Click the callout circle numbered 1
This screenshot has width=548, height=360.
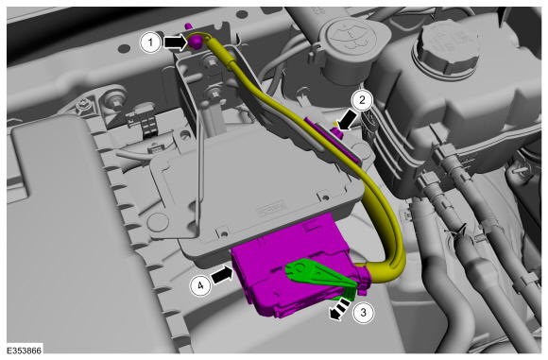coord(150,43)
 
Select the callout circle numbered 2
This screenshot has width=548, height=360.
coord(362,100)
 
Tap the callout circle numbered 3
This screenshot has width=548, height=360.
coord(363,312)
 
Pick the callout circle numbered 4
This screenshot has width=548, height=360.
coord(200,286)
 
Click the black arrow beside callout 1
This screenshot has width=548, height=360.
coord(176,43)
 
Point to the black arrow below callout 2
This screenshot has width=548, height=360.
coord(347,121)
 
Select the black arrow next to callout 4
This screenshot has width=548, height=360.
coord(222,274)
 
